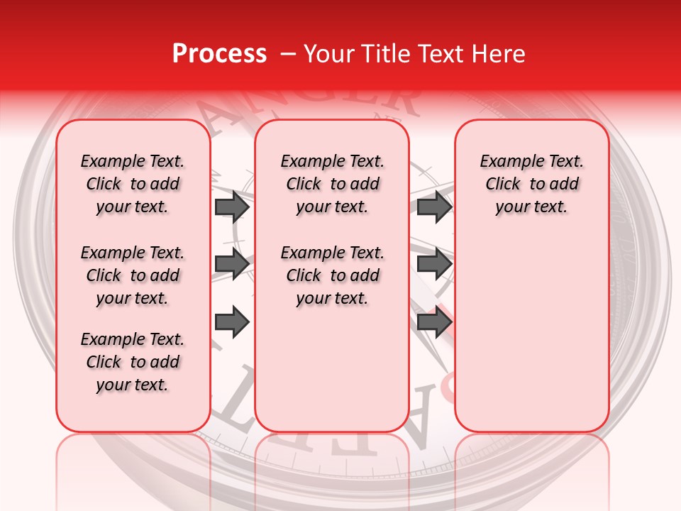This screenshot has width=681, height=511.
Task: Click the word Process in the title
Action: tap(218, 54)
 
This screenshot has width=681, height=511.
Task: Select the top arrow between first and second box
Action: tap(231, 207)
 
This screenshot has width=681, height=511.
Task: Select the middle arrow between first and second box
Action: tap(231, 264)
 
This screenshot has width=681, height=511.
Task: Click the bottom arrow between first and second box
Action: tap(231, 322)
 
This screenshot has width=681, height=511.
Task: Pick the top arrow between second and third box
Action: tap(433, 207)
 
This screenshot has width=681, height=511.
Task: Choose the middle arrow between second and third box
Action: tap(433, 264)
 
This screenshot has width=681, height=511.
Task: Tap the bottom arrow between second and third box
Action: tap(433, 322)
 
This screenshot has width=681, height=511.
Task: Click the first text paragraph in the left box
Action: tap(133, 184)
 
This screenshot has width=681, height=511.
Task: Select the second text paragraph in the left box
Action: tap(133, 275)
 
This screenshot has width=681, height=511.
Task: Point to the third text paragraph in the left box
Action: tap(133, 362)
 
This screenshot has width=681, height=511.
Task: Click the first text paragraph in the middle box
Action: tap(333, 184)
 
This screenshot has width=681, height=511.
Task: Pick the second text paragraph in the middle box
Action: tap(333, 275)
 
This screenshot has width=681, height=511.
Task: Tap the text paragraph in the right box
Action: tap(532, 184)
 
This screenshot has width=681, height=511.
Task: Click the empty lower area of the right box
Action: tap(532, 341)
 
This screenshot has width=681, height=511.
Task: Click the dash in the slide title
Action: tap(287, 54)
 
